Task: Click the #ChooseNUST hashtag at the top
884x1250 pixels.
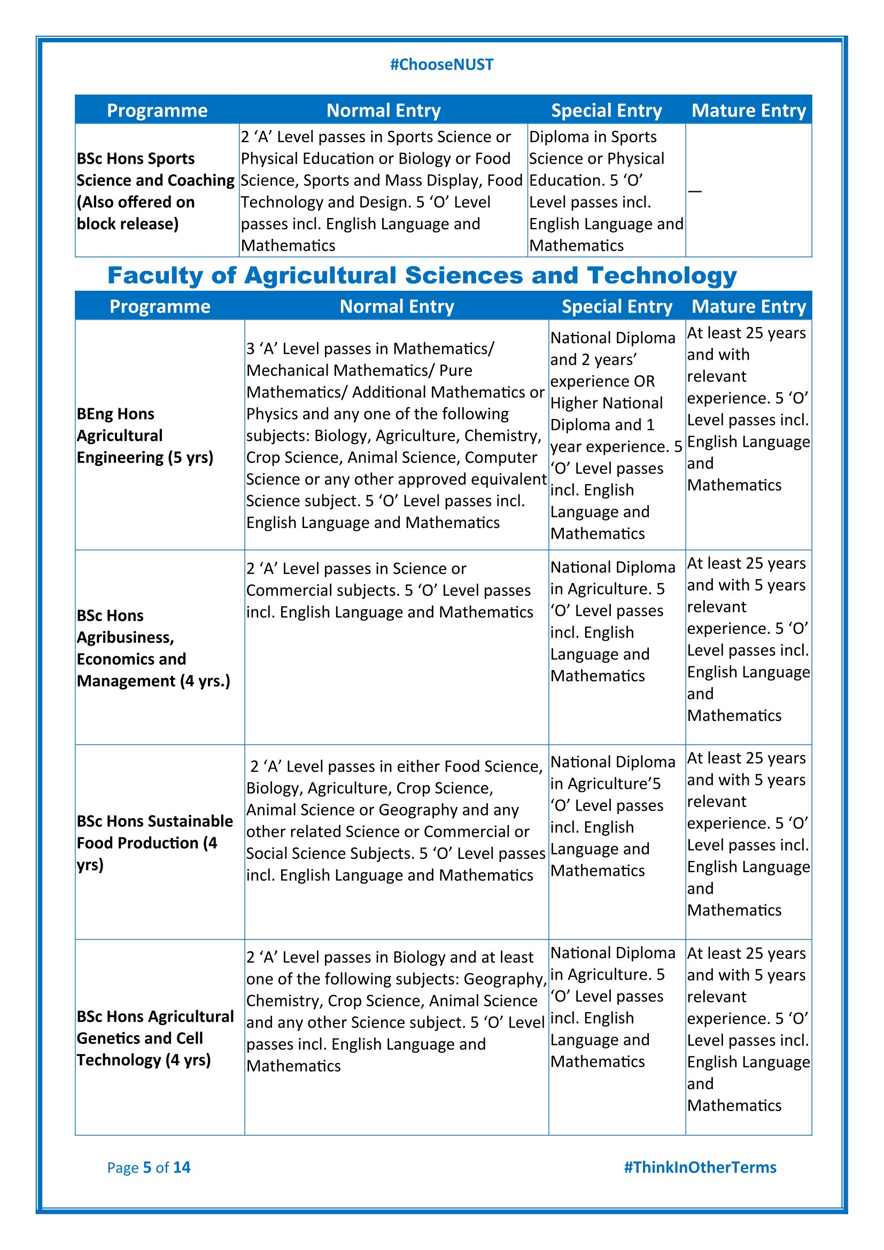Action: coord(441,65)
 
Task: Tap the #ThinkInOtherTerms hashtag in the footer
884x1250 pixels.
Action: coord(700,1167)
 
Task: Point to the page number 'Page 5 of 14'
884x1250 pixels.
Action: coord(149,1167)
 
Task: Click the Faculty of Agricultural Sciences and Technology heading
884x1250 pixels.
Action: coord(422,275)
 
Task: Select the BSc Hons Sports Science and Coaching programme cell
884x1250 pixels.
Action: coord(155,191)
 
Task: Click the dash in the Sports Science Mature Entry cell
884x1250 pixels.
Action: coord(695,191)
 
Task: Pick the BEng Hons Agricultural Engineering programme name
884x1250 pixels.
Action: coord(145,436)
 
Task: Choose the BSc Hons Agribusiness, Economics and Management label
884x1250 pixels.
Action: coord(153,648)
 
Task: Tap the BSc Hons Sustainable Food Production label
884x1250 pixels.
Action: coord(154,842)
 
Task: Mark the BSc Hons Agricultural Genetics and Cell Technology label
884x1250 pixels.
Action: coord(155,1038)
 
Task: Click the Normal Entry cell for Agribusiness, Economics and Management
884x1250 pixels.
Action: coord(389,590)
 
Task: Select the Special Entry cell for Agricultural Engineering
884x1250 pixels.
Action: coord(616,436)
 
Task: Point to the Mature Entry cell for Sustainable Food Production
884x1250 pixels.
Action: coord(748,834)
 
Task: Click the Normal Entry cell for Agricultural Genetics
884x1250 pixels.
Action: coord(396,1011)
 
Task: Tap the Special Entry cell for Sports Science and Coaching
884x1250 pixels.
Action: coord(606,191)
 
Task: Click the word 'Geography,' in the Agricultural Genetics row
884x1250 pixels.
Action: coord(505,980)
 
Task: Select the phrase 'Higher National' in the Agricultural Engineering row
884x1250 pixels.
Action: coord(607,403)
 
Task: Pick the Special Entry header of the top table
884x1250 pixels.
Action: coord(607,111)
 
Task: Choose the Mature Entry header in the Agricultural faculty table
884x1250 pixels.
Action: coord(748,307)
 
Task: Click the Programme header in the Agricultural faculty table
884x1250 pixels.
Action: coord(160,307)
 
